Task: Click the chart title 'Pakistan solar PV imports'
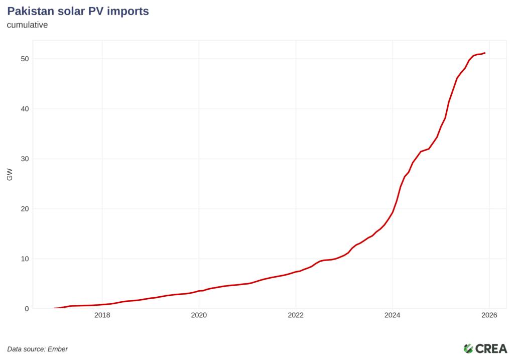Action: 78,11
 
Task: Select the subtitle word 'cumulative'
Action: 27,25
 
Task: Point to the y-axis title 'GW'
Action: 10,175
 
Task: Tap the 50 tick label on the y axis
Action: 24,59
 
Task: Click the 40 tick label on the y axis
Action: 24,109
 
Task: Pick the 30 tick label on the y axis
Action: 24,159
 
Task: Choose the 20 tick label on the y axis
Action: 24,209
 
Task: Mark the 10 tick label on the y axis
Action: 24,259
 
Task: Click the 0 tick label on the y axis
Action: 27,309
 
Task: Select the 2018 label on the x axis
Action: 102,315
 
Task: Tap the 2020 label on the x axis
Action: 199,315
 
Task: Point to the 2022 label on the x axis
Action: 296,315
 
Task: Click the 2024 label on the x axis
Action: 393,315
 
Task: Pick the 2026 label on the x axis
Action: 489,315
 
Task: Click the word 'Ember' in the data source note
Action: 58,349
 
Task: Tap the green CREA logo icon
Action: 468,348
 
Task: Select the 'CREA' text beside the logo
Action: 491,348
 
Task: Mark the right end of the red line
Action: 484,53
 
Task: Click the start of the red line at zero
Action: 55,308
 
